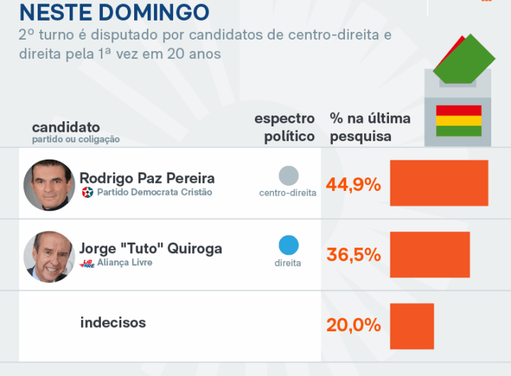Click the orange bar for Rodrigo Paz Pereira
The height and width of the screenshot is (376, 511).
(439, 183)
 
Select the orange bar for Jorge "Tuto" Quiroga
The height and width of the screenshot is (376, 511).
(429, 254)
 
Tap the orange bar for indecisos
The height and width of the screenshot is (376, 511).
(412, 326)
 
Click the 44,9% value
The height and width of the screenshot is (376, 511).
(353, 185)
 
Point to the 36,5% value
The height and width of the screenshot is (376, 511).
(353, 255)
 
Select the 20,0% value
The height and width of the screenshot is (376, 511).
(353, 326)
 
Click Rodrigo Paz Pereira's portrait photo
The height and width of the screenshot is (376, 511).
(49, 184)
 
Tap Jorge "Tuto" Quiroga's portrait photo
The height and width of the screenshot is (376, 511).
(49, 255)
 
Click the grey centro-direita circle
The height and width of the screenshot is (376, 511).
(288, 175)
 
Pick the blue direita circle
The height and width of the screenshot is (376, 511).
(288, 245)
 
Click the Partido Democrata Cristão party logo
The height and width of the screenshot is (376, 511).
(88, 192)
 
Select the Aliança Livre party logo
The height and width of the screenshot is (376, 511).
(88, 263)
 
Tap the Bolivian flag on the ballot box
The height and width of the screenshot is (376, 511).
(458, 120)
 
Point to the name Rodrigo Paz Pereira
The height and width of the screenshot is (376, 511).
(147, 177)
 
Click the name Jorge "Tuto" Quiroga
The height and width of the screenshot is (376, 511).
(150, 248)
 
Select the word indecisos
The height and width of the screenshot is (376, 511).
(113, 323)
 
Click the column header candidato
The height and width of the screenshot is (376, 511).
(65, 127)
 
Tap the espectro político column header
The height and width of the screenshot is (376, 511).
(285, 127)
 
